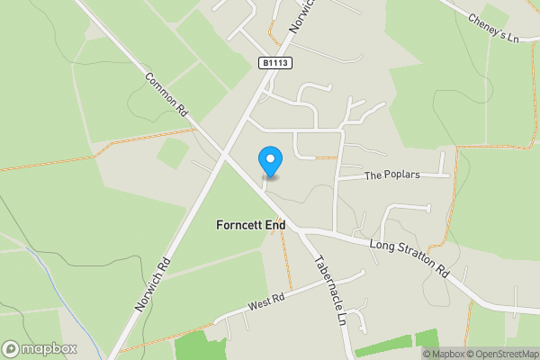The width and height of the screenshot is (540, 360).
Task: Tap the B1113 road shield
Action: pyautogui.click(x=277, y=63)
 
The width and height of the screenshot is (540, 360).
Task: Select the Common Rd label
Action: pyautogui.click(x=166, y=94)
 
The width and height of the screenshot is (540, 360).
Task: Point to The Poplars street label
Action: pyautogui.click(x=391, y=175)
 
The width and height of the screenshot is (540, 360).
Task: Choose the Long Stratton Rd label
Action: pyautogui.click(x=409, y=257)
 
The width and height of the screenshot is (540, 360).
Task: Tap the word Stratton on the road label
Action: pyautogui.click(x=410, y=257)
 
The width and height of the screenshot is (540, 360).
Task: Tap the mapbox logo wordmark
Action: pyautogui.click(x=49, y=348)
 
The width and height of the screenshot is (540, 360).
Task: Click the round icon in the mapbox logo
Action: pyautogui.click(x=12, y=348)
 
